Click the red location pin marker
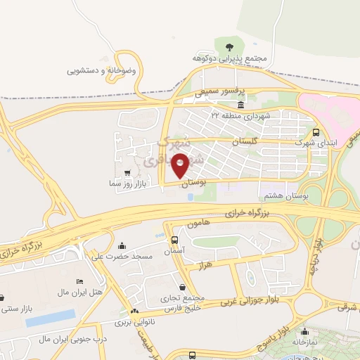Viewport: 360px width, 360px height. click(x=181, y=165)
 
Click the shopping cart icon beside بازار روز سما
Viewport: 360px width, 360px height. click(x=127, y=172)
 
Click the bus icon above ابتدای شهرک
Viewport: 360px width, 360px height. click(x=316, y=132)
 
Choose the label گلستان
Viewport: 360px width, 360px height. click(x=245, y=141)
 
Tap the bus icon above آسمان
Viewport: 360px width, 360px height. click(x=174, y=240)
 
